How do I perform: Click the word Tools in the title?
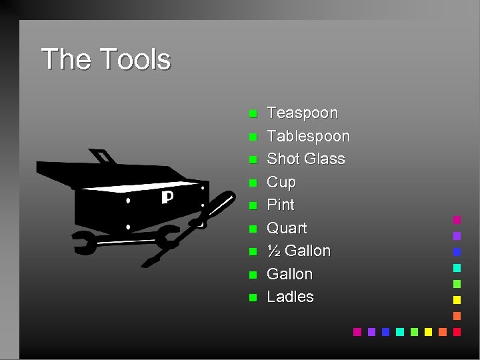[x=137, y=59]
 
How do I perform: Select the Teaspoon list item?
[x=302, y=113]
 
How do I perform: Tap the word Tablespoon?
[x=308, y=136]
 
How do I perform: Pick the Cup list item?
[x=281, y=182]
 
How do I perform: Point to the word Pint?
[x=280, y=205]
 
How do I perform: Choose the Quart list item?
[x=287, y=228]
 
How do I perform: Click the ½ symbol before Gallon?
[x=273, y=251]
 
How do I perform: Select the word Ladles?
[x=290, y=297]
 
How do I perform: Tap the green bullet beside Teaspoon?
[x=253, y=114]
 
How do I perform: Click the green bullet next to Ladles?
[x=253, y=298]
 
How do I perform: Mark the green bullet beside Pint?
[x=253, y=206]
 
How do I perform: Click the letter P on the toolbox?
[x=167, y=198]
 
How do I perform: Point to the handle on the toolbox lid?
[x=103, y=157]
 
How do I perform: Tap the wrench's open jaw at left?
[x=83, y=243]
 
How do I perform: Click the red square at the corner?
[x=457, y=331]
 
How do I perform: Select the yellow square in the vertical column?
[x=457, y=299]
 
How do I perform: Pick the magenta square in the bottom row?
[x=357, y=331]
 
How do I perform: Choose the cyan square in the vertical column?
[x=457, y=267]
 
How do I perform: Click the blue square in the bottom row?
[x=385, y=331]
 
